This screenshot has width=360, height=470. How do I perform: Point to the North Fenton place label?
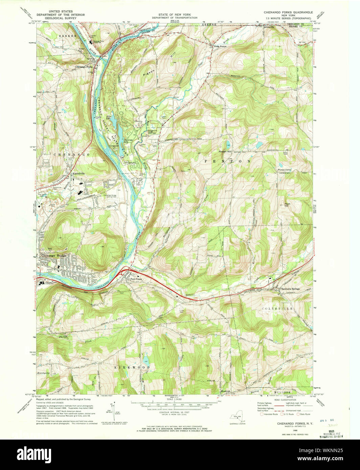[220, 46]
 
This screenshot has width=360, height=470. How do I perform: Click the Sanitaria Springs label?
[291, 289]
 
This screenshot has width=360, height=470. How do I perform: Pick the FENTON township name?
[227, 162]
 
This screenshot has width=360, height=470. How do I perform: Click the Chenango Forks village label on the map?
[84, 67]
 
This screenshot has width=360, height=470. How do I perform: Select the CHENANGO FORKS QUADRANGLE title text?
[288, 12]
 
